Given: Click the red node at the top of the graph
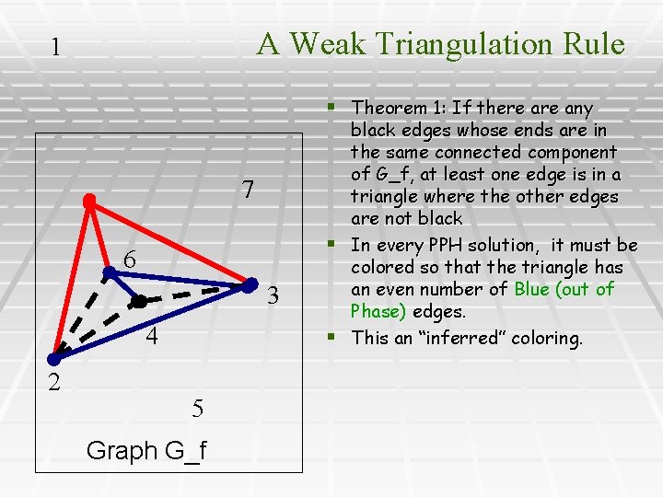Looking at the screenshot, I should click(x=89, y=200).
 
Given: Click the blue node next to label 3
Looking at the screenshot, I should click(x=249, y=283).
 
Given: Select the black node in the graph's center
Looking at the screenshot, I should click(x=138, y=301).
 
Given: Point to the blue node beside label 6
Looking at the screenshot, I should click(x=108, y=272).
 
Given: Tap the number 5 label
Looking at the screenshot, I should click(x=198, y=408).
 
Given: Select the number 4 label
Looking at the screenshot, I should click(x=152, y=336).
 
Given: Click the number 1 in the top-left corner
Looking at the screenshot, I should click(x=56, y=47).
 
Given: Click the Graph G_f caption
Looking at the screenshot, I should click(x=145, y=451).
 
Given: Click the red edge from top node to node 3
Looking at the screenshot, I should click(x=170, y=241).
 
